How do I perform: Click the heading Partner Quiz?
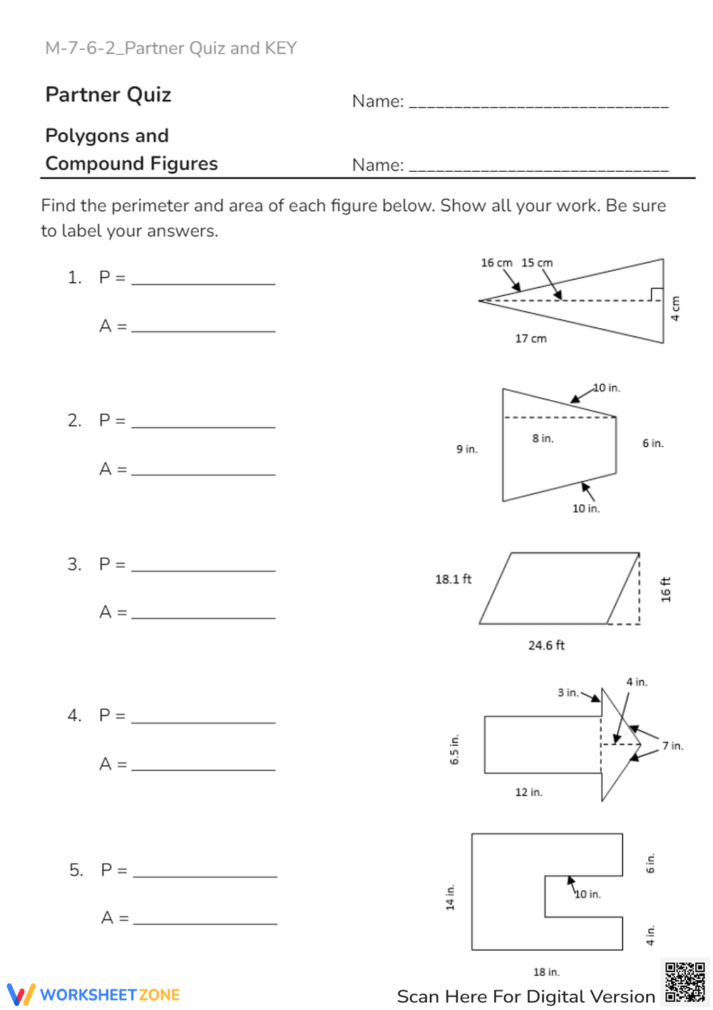pos(108,95)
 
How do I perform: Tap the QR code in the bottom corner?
pos(684,982)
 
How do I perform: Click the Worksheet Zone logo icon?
pos(21,994)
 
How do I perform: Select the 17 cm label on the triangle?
pos(530,339)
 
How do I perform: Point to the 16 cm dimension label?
pos(496,262)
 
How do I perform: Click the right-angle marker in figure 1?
pos(656,294)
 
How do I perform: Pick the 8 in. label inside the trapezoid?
pos(543,439)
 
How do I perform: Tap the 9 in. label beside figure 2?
pos(467,449)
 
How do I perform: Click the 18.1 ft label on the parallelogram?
pos(453,579)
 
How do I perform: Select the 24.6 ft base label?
pos(546,646)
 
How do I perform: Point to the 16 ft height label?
pos(666,590)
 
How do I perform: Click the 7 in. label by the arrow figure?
pos(672,746)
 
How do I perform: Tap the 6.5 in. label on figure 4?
pos(455,750)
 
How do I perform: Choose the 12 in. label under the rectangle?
pos(528,792)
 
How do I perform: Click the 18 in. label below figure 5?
pos(546,972)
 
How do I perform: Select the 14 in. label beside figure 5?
pos(450,897)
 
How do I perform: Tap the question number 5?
pos(76,870)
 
